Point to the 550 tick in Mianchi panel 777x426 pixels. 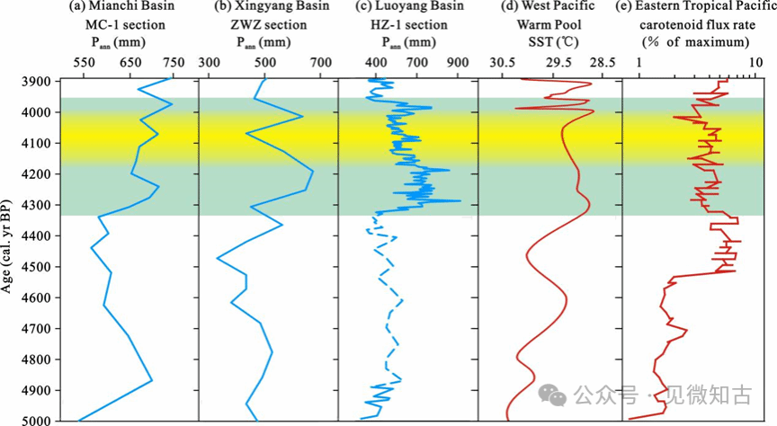click(83, 63)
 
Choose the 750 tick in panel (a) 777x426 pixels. click(173, 63)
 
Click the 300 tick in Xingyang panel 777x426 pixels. click(209, 63)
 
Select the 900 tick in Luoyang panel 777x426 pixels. click(458, 63)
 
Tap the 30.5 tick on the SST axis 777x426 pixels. click(502, 63)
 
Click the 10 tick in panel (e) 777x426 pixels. click(755, 63)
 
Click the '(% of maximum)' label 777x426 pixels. click(695, 41)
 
